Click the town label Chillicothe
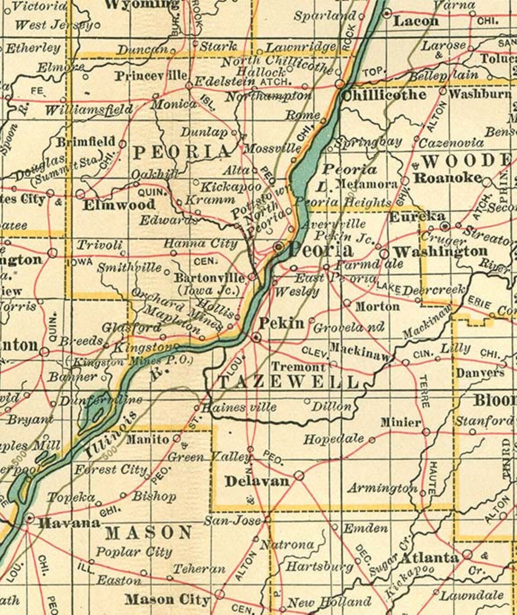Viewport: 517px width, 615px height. click(x=383, y=95)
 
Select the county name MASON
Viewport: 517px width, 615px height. click(x=149, y=532)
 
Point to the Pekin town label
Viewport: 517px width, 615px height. click(x=281, y=323)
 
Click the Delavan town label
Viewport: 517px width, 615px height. click(x=257, y=481)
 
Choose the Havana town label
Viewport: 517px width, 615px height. click(x=70, y=523)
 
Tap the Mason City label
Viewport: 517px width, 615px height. click(x=167, y=600)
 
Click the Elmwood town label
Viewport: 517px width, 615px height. click(x=119, y=205)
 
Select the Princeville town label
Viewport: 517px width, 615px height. click(x=150, y=75)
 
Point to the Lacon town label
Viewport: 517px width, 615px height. click(x=416, y=21)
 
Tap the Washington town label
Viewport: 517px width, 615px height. click(x=440, y=251)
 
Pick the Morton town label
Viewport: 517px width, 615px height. click(x=377, y=306)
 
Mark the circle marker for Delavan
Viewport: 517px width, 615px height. click(x=299, y=475)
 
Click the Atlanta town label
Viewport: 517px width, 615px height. click(x=429, y=557)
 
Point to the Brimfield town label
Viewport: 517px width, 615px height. click(x=86, y=142)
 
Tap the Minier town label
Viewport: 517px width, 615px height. click(x=400, y=423)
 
